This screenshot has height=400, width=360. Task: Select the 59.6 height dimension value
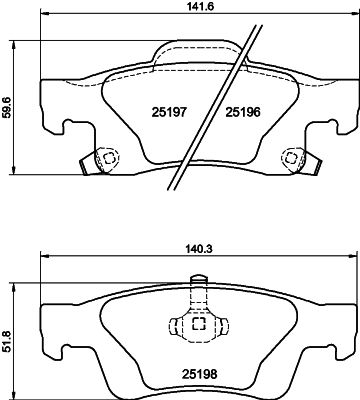click(6, 107)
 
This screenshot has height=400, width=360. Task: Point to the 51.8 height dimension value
click(6, 341)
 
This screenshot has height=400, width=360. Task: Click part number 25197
click(168, 112)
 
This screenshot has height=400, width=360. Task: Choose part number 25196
click(243, 112)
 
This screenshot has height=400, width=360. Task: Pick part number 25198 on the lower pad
click(199, 374)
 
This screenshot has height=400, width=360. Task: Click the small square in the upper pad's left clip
click(109, 158)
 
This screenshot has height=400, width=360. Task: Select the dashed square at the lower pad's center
click(199, 323)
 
